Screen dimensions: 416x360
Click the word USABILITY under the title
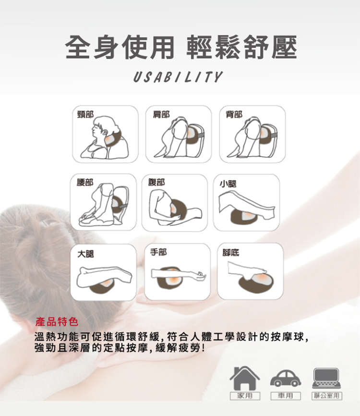(178, 77)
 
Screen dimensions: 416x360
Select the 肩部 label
(161, 114)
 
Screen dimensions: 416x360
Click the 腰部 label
(85, 183)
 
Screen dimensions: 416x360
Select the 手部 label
(158, 252)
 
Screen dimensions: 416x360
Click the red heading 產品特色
(53, 321)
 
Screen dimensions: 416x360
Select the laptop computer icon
(326, 378)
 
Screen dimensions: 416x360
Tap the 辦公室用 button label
(326, 396)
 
